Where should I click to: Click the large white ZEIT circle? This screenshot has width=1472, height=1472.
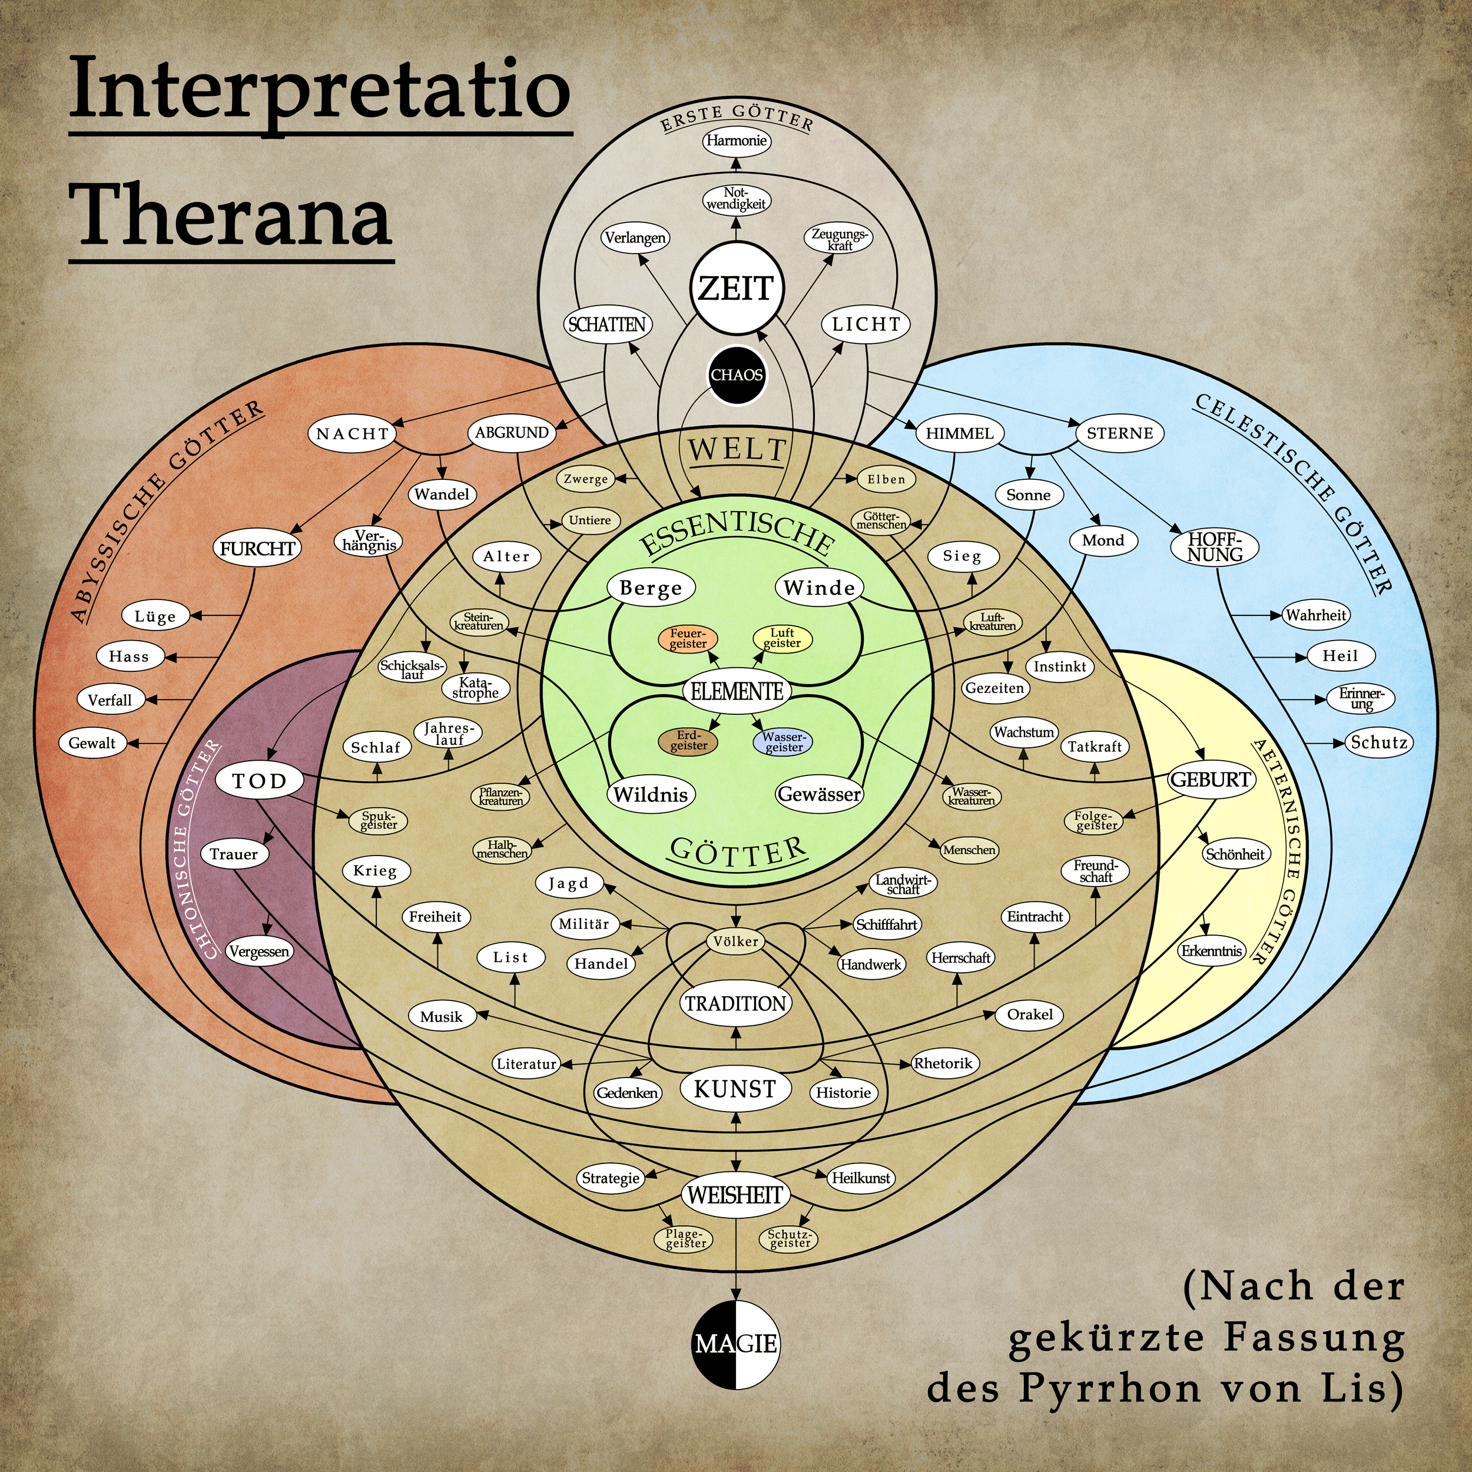coord(736,288)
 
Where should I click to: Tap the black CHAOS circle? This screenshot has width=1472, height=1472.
coord(736,375)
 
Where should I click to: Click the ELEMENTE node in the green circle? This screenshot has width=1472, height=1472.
coord(737,691)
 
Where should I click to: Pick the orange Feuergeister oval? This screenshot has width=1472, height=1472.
coord(688,638)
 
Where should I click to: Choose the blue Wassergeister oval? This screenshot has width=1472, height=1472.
coord(783,741)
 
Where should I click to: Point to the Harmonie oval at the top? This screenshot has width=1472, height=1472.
coord(736,141)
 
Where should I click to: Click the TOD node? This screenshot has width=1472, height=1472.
coord(259,781)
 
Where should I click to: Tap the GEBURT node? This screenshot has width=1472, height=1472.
coord(1211,780)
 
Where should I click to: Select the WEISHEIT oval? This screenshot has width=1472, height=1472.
coord(735,1195)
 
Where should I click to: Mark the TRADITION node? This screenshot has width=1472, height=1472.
coord(735,1003)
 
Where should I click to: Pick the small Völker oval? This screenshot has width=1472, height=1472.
coord(735,941)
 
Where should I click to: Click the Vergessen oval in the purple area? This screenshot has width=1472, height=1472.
coord(259,952)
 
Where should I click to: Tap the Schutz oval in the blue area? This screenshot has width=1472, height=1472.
coord(1379,743)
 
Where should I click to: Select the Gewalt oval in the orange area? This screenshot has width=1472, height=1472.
coord(92,744)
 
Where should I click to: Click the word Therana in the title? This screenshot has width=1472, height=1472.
coord(234,216)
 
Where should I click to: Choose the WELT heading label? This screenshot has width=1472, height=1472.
coord(737,449)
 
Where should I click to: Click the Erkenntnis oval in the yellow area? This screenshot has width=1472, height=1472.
coord(1211,951)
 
